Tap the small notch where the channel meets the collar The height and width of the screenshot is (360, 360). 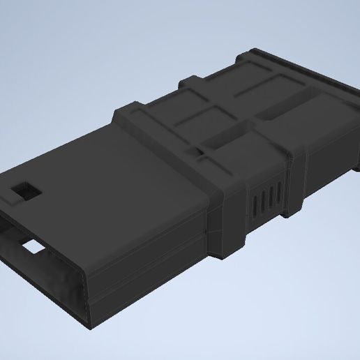coord(202,149)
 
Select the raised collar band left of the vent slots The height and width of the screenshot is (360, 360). coord(230,209)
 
